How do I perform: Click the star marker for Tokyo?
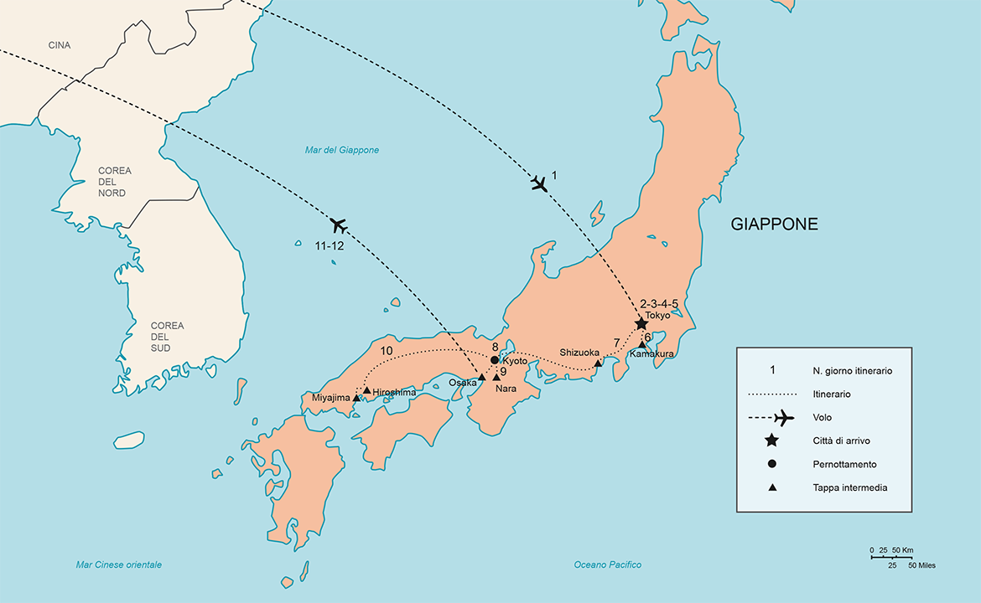pyautogui.click(x=641, y=323)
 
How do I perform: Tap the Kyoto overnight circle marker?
pyautogui.click(x=494, y=360)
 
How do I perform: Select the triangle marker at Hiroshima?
pyautogui.click(x=366, y=390)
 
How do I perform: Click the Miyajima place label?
pyautogui.click(x=330, y=399)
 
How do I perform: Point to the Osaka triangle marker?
pyautogui.click(x=481, y=377)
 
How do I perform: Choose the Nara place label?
pyautogui.click(x=506, y=389)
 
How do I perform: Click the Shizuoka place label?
pyautogui.click(x=579, y=353)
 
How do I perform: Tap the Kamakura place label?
pyautogui.click(x=651, y=354)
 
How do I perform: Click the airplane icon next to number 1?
pyautogui.click(x=539, y=183)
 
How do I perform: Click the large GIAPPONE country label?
pyautogui.click(x=774, y=224)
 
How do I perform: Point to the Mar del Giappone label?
pyautogui.click(x=341, y=150)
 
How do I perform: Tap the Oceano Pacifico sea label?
pyautogui.click(x=608, y=564)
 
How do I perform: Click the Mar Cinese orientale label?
pyautogui.click(x=118, y=564)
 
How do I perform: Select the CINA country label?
pyautogui.click(x=59, y=45)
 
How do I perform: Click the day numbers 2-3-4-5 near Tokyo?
pyautogui.click(x=658, y=303)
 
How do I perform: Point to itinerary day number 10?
pyautogui.click(x=387, y=351)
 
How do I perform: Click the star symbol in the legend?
pyautogui.click(x=771, y=441)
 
